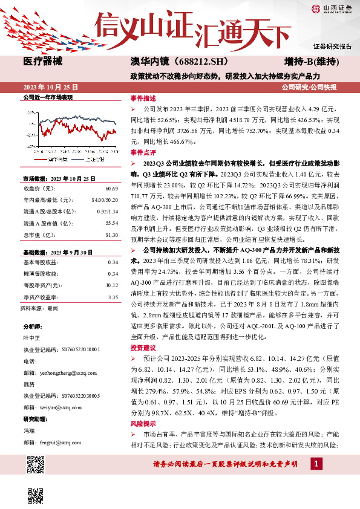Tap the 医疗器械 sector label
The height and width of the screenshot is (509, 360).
click(44, 62)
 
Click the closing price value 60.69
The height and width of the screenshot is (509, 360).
click(111, 189)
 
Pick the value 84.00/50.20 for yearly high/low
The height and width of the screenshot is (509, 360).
click(104, 199)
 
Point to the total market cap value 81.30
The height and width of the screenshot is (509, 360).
click(111, 235)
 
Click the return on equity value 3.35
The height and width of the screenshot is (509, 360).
click(113, 297)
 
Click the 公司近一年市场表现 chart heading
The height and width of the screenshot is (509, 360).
click(47, 97)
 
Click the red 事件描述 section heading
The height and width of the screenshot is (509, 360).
click(143, 97)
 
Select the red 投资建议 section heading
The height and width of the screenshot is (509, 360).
click(143, 349)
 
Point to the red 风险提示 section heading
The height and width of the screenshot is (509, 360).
click(143, 424)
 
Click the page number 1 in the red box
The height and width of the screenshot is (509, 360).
click(316, 464)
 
